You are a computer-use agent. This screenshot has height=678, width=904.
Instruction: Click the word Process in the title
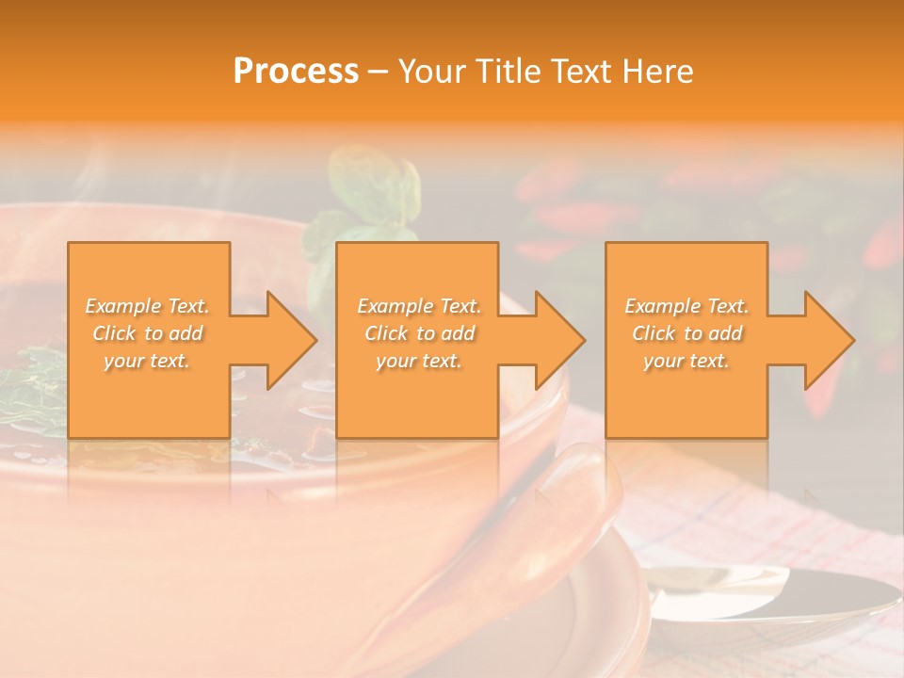(296, 72)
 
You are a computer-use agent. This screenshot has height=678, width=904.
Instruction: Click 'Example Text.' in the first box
(147, 306)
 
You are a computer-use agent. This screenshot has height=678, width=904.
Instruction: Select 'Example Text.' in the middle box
(418, 306)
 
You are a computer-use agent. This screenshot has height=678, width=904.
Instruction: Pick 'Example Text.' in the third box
(686, 306)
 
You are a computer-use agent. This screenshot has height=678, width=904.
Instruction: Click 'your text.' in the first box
(147, 361)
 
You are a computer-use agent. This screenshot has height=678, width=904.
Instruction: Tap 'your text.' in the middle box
(418, 361)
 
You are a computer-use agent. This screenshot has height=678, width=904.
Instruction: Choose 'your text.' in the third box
(686, 361)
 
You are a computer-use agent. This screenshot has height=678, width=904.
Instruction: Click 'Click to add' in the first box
(147, 333)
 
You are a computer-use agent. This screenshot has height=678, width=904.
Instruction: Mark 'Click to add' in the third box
(686, 333)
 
